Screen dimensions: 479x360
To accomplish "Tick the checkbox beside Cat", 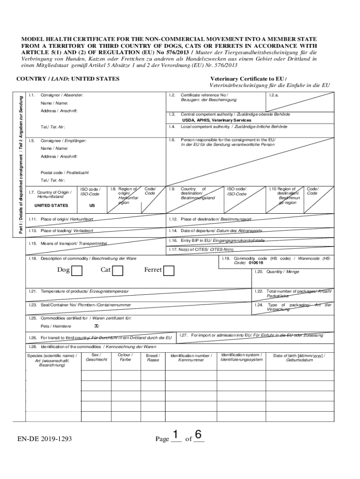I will pos(118,270).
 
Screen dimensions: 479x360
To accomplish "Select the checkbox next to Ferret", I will pos(169,270).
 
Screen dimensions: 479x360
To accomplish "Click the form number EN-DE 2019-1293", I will pos(45,439).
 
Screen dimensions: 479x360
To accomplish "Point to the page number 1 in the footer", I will pos(176,435).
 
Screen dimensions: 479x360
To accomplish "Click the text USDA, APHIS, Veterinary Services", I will pos(216,120).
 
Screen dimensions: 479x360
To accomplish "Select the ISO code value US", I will pos(92,205).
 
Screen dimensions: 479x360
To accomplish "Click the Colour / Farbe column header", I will pos(125,357).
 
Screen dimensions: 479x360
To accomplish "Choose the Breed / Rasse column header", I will pos(153,358).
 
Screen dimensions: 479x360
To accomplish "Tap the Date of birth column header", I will pos(300,358).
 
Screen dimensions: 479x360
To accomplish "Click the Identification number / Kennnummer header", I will pos(191,358).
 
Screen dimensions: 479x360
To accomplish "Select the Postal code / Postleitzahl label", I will pos(65,173).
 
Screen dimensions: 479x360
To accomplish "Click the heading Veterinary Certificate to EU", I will pos(248,79).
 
